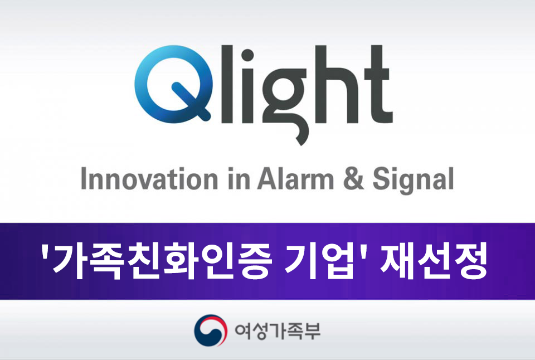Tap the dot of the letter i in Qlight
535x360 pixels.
[x=247, y=55]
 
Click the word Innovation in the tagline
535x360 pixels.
[x=149, y=179]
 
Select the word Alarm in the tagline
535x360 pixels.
[x=296, y=179]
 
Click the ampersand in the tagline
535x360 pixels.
[x=353, y=179]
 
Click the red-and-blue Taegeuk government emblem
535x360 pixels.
[x=210, y=330]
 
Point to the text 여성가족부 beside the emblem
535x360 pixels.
[x=278, y=331]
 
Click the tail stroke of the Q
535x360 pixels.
[x=191, y=101]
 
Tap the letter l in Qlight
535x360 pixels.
[x=228, y=84]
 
